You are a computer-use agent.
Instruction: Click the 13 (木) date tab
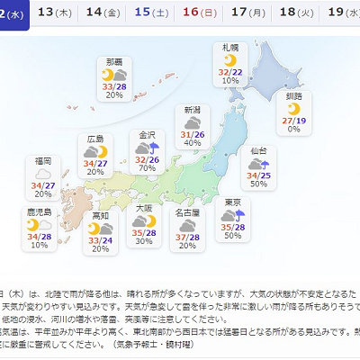[58, 13]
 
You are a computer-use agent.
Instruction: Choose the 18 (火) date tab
[290, 13]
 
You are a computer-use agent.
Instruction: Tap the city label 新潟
[193, 110]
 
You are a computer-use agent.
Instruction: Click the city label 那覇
[113, 61]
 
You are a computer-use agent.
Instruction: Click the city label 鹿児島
[39, 211]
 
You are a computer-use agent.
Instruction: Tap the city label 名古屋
[187, 212]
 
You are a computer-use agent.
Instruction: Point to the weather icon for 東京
[235, 214]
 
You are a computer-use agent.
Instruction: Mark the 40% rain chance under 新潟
[192, 142]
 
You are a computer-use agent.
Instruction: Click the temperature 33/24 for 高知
[100, 240]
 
